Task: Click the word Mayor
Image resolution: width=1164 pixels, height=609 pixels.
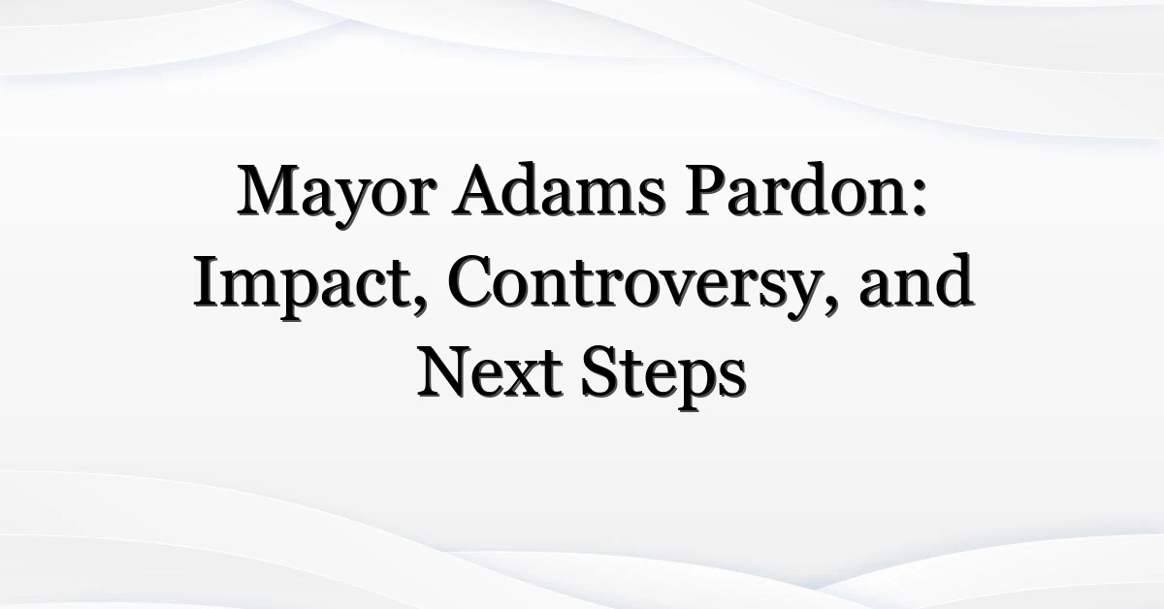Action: pos(337,194)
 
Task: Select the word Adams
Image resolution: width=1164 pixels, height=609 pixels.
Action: pos(559,189)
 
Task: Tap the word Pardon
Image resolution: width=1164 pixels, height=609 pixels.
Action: pos(796,189)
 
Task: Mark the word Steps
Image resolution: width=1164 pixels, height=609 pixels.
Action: pos(663,376)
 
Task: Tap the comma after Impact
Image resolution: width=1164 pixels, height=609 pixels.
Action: pos(419,305)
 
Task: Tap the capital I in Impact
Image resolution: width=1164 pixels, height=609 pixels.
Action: pos(206,281)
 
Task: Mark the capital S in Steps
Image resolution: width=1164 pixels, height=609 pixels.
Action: pos(599,372)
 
